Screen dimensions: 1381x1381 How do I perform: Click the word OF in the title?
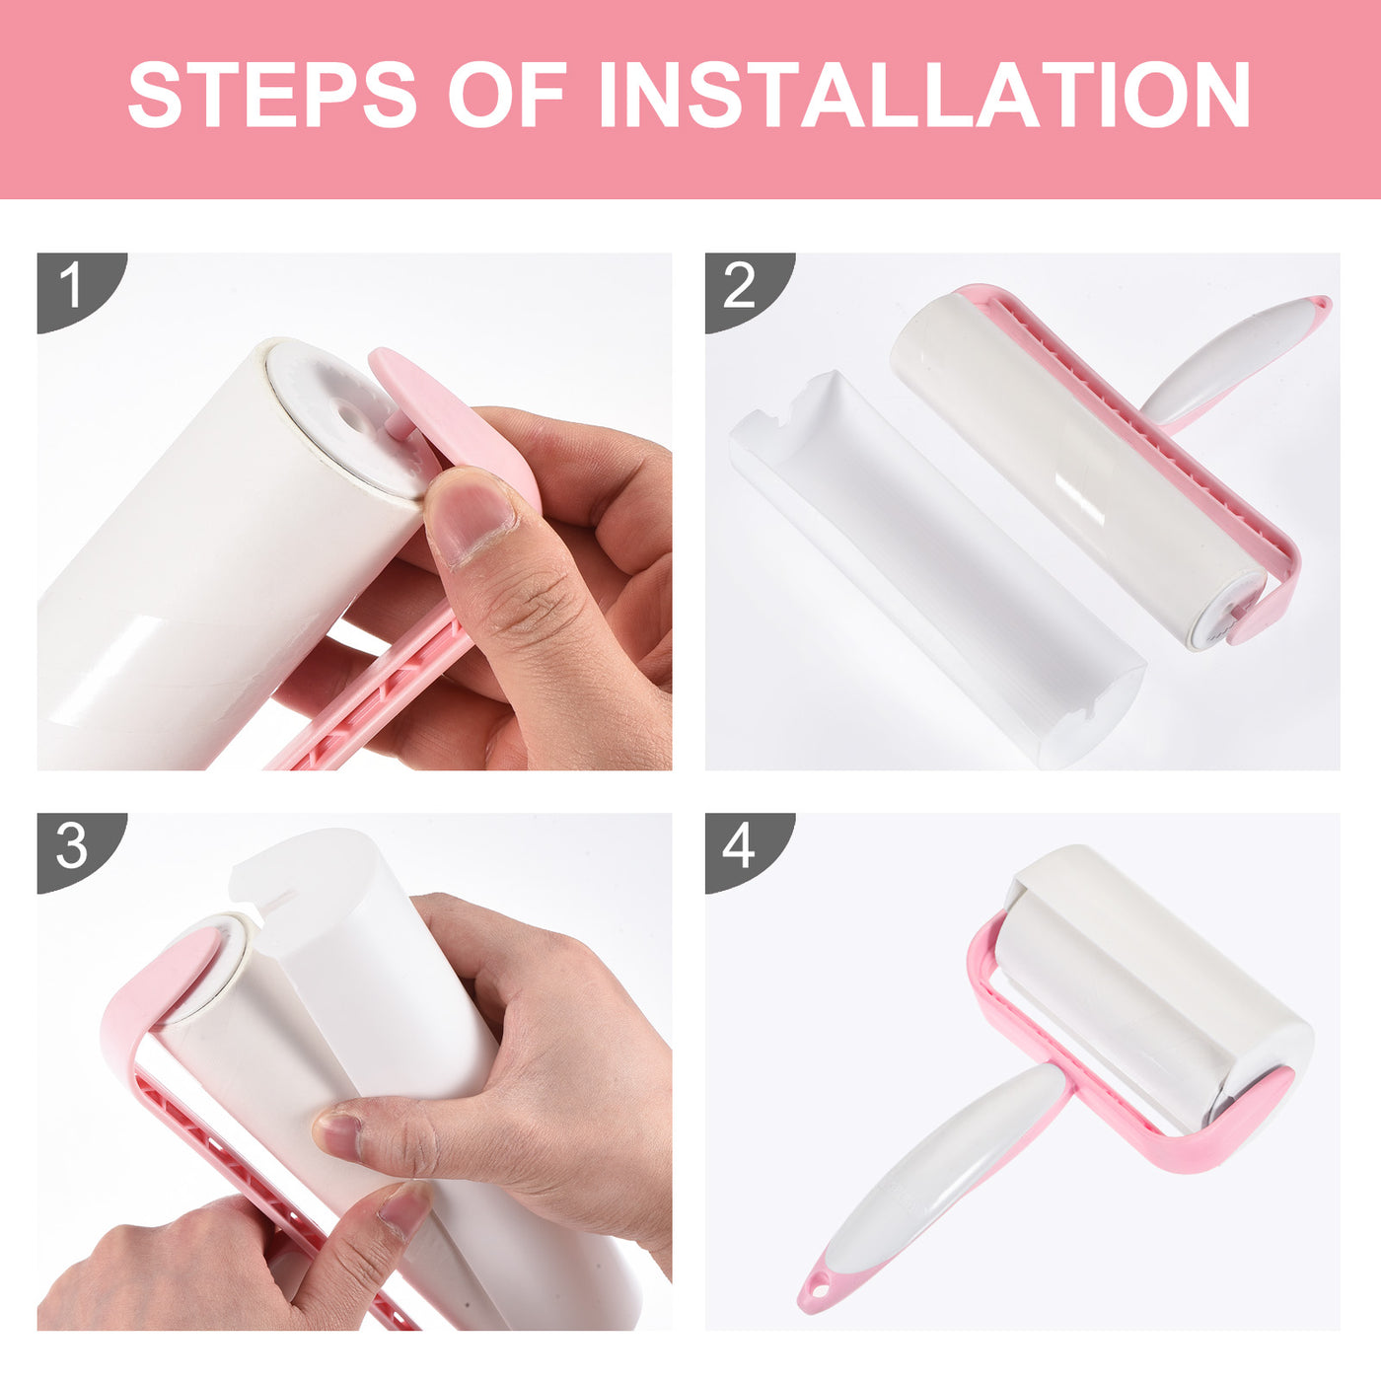507,94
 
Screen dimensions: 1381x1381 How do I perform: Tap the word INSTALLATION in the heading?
924,94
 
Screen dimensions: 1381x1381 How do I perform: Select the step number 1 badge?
72,286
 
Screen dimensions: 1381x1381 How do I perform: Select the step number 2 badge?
740,286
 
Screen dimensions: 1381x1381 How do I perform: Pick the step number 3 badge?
72,846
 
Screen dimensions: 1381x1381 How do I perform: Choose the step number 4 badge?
740,846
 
